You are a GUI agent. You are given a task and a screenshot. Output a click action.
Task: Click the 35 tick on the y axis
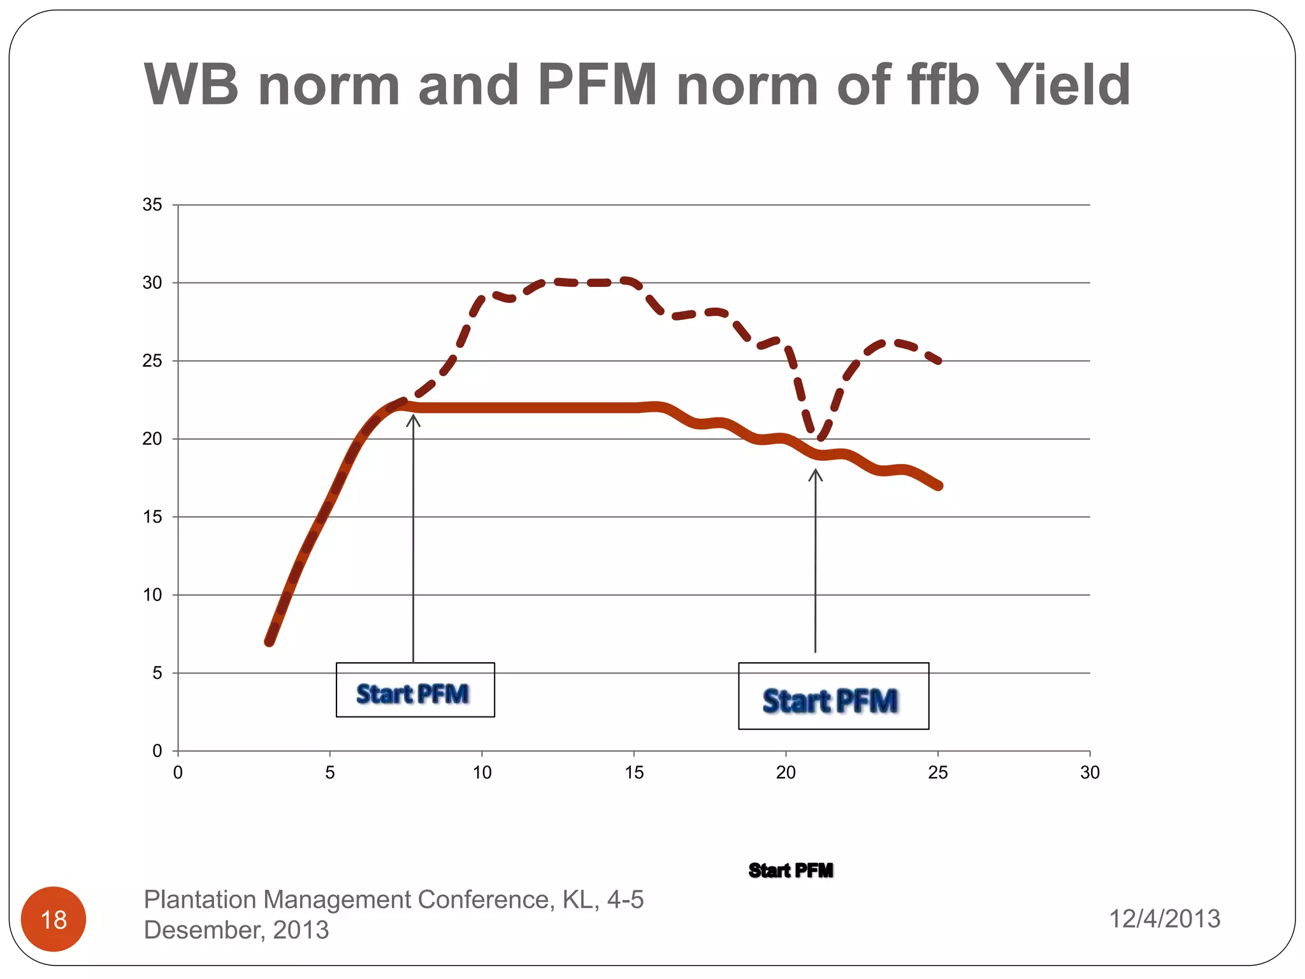tap(152, 205)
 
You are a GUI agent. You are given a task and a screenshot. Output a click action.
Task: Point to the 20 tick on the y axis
tap(152, 439)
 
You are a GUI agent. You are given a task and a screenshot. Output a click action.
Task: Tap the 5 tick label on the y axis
tap(157, 673)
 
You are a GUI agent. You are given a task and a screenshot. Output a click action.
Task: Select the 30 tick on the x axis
tap(1090, 772)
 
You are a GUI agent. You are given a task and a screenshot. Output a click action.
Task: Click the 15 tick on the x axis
tap(634, 772)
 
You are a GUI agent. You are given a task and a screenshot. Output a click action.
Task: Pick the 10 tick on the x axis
tap(482, 772)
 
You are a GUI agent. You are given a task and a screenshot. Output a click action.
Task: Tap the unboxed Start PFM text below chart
tap(791, 870)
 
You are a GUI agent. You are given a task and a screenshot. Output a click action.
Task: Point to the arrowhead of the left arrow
tap(414, 417)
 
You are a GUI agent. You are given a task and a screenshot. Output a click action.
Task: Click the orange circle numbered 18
tap(54, 919)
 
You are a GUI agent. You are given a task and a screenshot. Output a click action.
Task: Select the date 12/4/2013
tap(1164, 918)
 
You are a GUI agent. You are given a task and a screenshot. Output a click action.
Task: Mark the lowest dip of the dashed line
tap(820, 438)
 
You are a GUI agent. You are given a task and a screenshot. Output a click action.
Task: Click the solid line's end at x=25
tap(938, 486)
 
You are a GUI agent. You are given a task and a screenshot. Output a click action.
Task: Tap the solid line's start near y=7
tap(270, 641)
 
